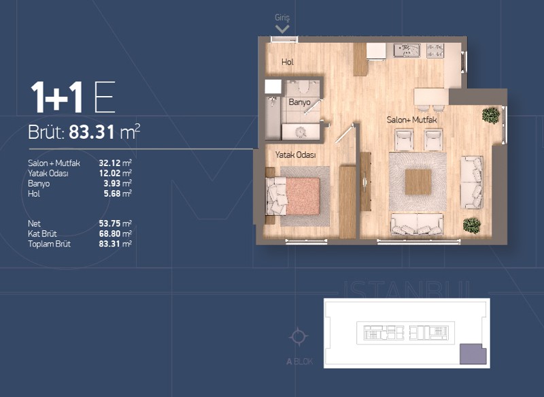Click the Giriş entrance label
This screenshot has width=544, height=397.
click(282, 18)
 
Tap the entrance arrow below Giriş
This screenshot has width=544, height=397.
click(282, 29)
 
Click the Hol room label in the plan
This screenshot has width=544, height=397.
click(288, 62)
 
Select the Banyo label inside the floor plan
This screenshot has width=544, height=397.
click(299, 102)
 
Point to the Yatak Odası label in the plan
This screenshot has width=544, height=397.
click(296, 155)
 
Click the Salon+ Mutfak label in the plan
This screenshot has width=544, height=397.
click(411, 120)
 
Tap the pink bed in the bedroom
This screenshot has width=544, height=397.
click(303, 196)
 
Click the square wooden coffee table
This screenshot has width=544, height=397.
click(418, 182)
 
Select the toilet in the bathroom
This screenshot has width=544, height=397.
click(304, 86)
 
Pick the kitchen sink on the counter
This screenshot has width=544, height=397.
click(407, 50)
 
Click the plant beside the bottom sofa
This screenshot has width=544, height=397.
click(472, 225)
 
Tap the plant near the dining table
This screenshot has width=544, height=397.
click(491, 115)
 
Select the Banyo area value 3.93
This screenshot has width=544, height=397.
click(112, 183)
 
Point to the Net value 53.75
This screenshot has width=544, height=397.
click(110, 223)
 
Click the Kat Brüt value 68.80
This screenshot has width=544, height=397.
click(110, 234)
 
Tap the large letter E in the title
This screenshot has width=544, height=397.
click(105, 97)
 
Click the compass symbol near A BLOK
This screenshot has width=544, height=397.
click(299, 336)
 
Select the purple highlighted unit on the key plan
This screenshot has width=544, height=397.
click(473, 354)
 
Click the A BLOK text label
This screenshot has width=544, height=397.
click(299, 362)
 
